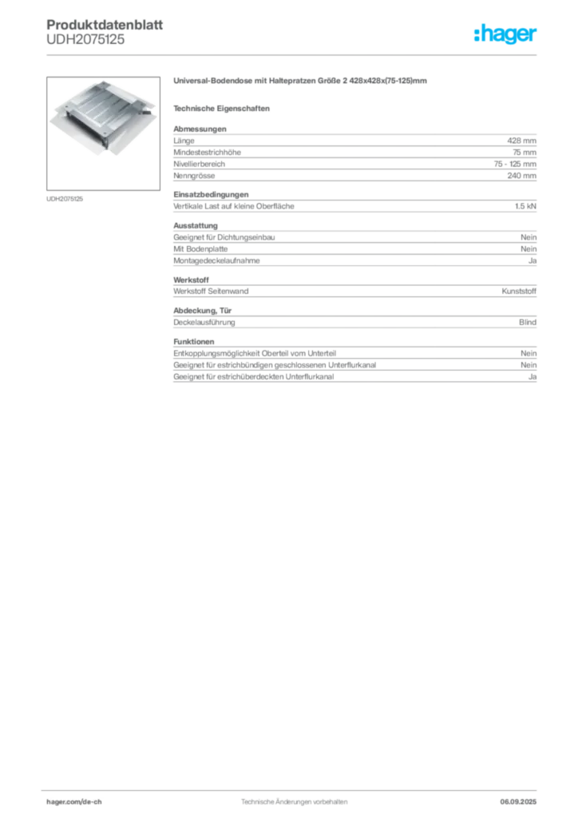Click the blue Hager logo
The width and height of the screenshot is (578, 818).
tap(506, 35)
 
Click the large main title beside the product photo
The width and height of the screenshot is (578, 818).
tap(300, 81)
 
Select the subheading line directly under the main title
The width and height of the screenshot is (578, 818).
tap(224, 108)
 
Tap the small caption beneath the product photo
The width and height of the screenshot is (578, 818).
tap(67, 198)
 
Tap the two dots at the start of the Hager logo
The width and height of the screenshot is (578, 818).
tap(475, 29)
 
